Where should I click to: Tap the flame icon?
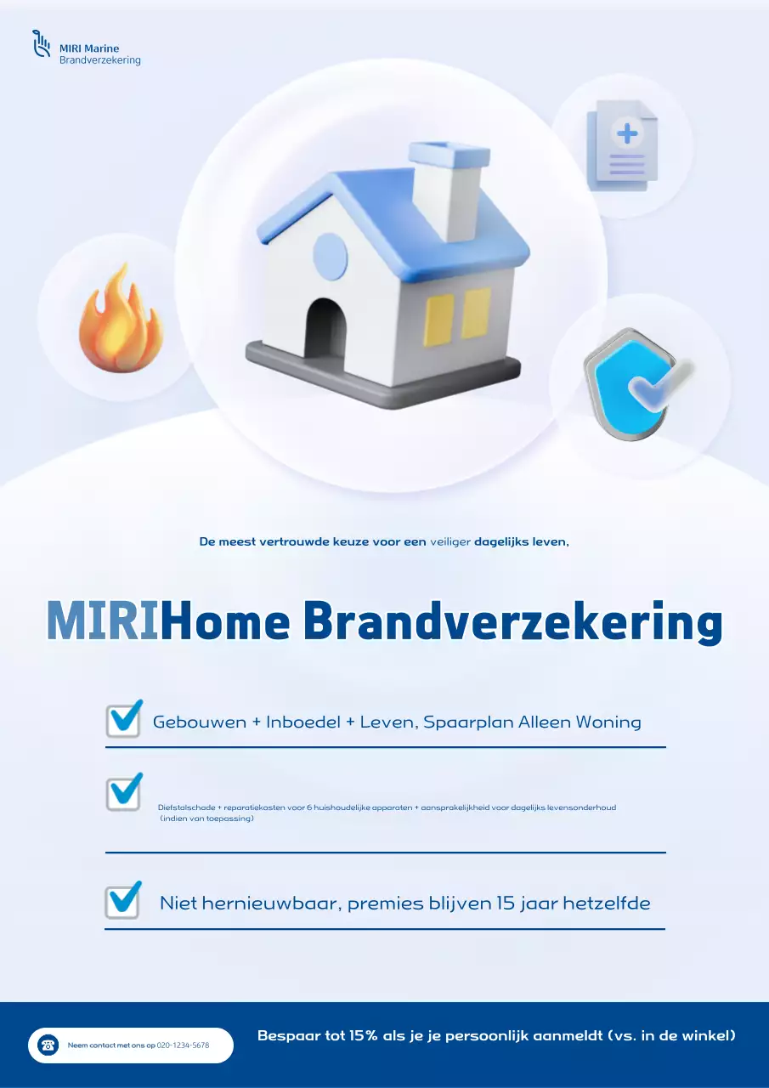pyautogui.click(x=120, y=320)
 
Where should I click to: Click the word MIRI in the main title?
pyautogui.click(x=103, y=622)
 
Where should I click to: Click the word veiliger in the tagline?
pyautogui.click(x=450, y=541)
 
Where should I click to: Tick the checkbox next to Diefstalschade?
pyautogui.click(x=124, y=793)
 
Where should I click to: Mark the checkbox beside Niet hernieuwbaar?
pyautogui.click(x=123, y=901)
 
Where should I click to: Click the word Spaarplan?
pyautogui.click(x=468, y=722)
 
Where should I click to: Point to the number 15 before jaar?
pyautogui.click(x=506, y=903)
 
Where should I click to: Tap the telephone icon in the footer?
pyautogui.click(x=48, y=1045)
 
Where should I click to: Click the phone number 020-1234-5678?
pyautogui.click(x=184, y=1045)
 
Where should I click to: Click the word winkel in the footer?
pyautogui.click(x=702, y=1035)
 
